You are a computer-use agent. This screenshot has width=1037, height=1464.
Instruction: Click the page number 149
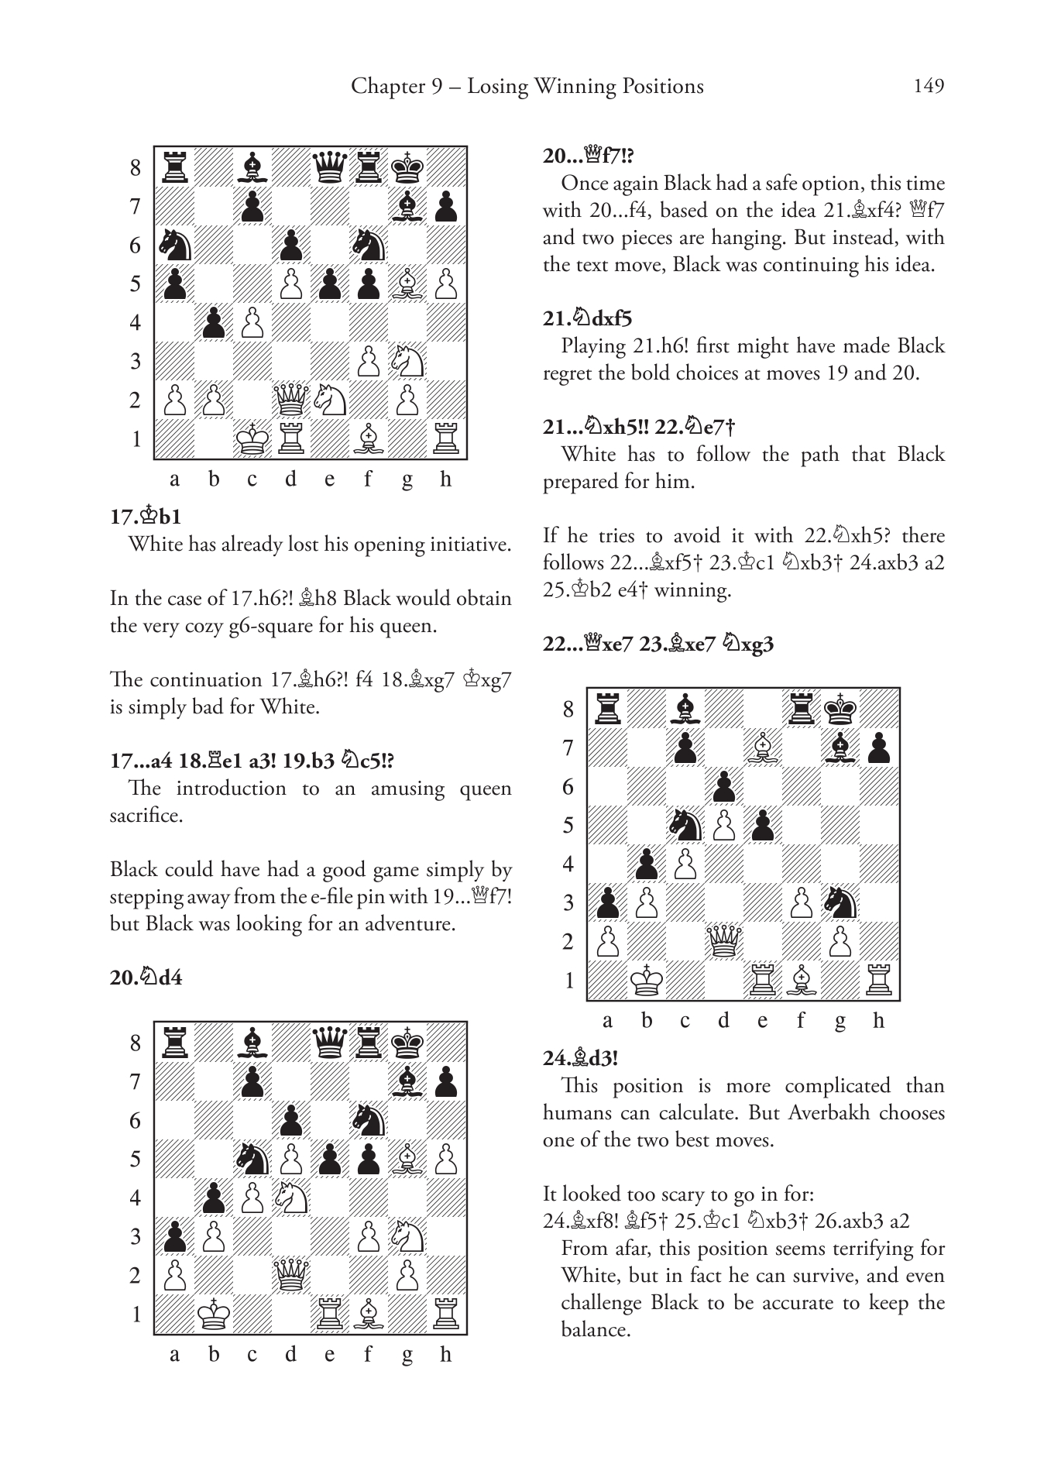[x=929, y=85]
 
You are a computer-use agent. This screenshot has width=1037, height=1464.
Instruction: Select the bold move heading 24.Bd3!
[x=581, y=1058]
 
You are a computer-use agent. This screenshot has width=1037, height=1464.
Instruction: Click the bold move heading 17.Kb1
[x=146, y=517]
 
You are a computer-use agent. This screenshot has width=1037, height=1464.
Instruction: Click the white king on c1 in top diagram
[x=252, y=439]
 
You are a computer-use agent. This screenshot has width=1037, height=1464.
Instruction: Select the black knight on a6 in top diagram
[x=174, y=245]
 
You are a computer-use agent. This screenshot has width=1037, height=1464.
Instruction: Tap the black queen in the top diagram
[x=330, y=167]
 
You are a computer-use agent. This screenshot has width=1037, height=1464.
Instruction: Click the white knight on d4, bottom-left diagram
[x=291, y=1198]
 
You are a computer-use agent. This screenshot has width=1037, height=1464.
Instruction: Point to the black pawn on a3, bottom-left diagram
[x=174, y=1236]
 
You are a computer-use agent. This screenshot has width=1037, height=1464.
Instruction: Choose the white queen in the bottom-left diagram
[x=291, y=1275]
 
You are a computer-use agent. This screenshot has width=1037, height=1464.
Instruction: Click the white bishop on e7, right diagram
[x=763, y=747]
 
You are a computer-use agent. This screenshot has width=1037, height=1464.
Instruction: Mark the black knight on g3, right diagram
[x=840, y=902]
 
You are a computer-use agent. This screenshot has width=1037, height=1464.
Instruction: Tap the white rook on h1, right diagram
[x=879, y=980]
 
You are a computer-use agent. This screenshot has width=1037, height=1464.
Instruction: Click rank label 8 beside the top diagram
[x=136, y=167]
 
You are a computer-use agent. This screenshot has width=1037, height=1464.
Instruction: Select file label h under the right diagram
[x=878, y=1021]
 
